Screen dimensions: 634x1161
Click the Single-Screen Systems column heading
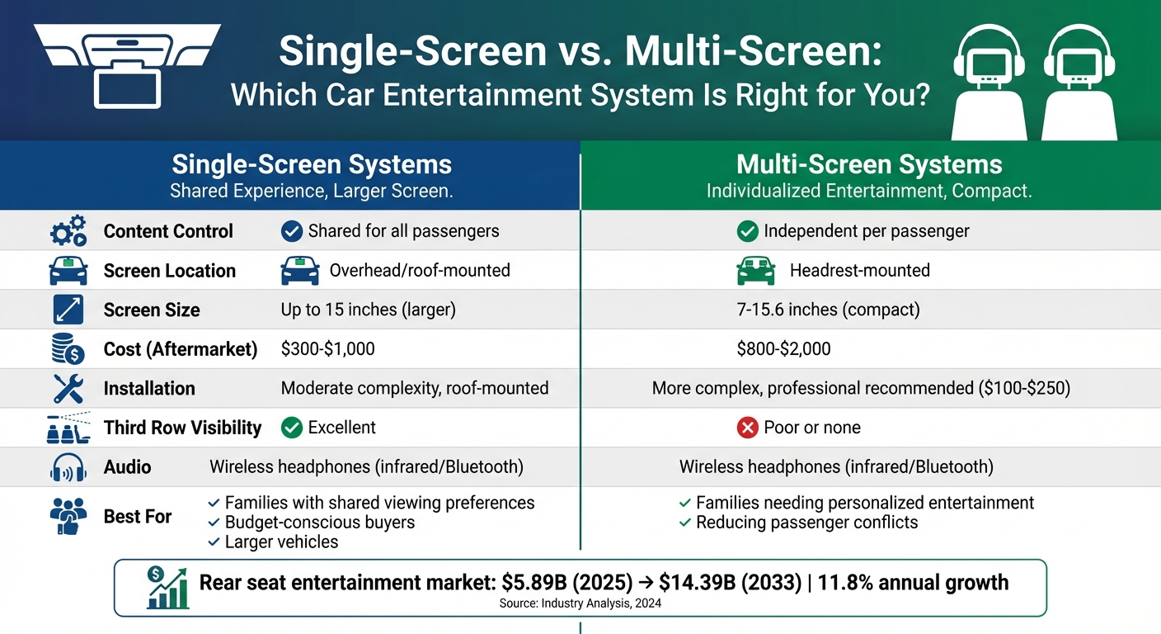[312, 164]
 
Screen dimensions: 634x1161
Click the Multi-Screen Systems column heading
[869, 164]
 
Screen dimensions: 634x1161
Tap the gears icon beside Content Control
[68, 231]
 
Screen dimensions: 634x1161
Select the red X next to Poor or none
[747, 428]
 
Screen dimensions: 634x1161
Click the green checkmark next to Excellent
[291, 428]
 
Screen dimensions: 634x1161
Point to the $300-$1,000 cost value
[327, 349]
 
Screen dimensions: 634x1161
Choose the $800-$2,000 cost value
[783, 349]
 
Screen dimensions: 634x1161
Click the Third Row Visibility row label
[182, 428]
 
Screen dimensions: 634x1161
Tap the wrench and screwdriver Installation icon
[68, 388]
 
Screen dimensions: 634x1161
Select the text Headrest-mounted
[859, 271]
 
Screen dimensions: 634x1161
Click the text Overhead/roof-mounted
[419, 271]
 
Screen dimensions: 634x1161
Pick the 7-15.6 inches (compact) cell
[828, 310]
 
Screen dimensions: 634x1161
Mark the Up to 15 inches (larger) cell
[368, 310]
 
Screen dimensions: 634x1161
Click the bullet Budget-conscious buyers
[319, 523]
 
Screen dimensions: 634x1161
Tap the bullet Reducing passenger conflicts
[806, 523]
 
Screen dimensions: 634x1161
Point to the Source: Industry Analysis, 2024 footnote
[580, 603]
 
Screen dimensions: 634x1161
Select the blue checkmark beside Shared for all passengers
[291, 231]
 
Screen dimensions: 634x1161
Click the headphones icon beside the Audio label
[68, 467]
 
